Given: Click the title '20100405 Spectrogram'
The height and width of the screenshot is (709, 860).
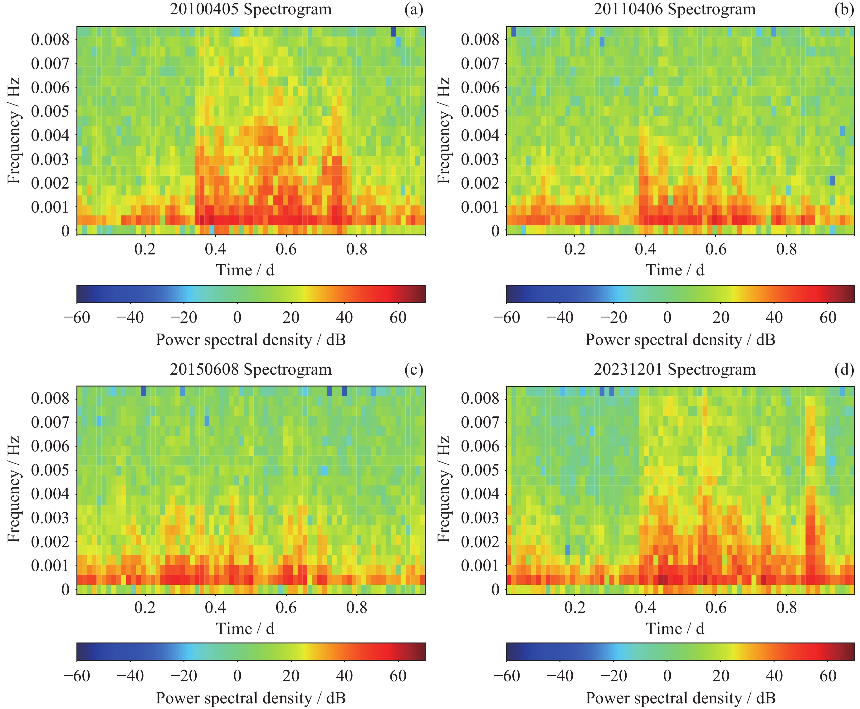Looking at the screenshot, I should (251, 9).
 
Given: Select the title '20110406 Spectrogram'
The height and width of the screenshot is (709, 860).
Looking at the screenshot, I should (674, 9).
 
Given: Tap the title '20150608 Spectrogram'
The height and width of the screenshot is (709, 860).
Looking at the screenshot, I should (251, 369).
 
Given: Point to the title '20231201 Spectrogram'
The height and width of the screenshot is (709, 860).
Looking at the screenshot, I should (674, 369).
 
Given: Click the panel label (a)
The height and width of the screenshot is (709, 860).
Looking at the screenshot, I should (413, 9).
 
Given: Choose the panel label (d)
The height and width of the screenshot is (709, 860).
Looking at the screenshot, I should (844, 369).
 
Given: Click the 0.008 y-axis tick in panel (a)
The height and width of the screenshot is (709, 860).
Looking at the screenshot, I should (50, 40).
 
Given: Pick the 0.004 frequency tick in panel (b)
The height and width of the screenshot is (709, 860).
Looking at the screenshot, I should (480, 135).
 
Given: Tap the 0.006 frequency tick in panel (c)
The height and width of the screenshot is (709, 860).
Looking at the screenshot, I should (50, 446).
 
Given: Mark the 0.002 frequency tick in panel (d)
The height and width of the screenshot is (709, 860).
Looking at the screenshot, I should (480, 542).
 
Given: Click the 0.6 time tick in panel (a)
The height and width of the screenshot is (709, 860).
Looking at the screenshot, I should (286, 249).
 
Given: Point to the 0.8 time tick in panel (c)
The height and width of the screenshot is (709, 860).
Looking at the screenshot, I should (356, 608).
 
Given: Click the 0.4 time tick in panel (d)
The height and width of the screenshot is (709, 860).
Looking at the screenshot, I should (645, 608).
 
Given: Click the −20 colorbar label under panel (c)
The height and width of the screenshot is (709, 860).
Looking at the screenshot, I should (184, 676).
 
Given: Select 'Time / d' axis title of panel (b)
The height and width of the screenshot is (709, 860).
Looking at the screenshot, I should (675, 270).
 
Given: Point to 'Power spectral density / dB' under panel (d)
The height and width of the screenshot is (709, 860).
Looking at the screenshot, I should (680, 698).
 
